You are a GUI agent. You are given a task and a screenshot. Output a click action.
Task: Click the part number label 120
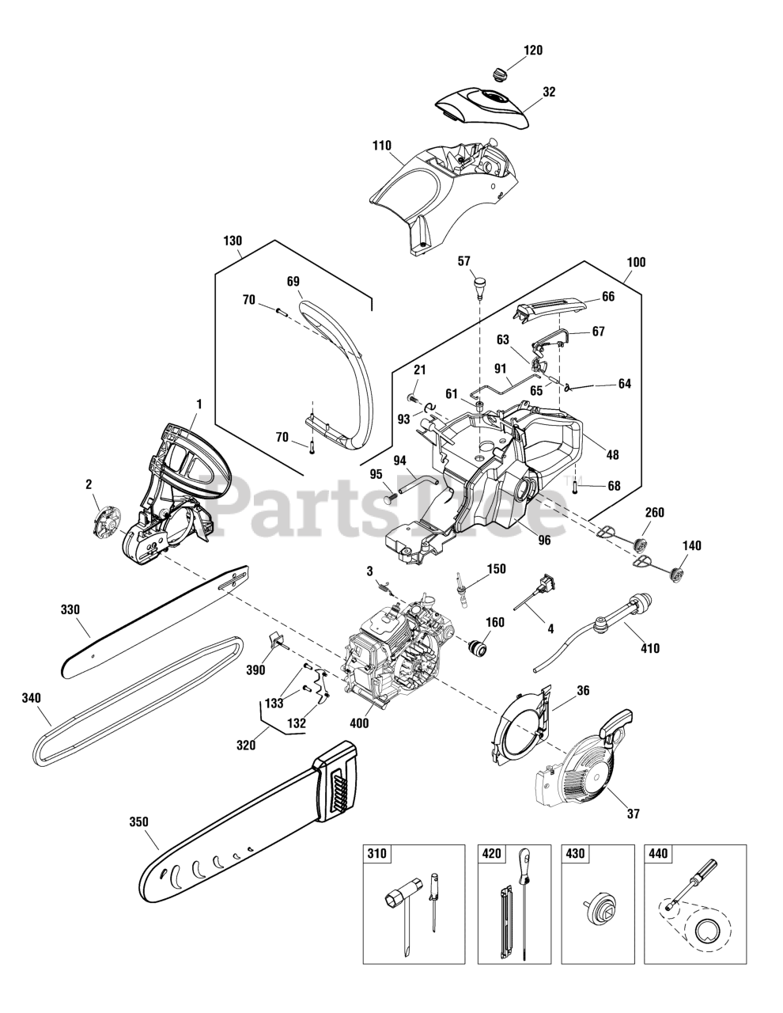pyautogui.click(x=533, y=51)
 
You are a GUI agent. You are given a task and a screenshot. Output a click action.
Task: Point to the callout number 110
pyautogui.click(x=382, y=146)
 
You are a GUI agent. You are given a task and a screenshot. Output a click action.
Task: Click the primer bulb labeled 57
pyautogui.click(x=480, y=285)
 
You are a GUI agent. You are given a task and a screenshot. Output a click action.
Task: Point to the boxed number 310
pyautogui.click(x=376, y=854)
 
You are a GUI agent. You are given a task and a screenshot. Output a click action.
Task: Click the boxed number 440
pyautogui.click(x=657, y=854)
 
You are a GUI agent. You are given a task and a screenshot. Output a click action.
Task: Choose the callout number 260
pyautogui.click(x=654, y=512)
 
